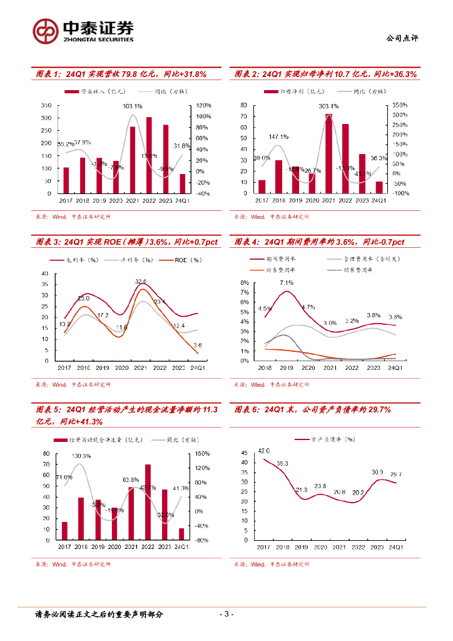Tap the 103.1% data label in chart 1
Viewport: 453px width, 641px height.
tap(133, 106)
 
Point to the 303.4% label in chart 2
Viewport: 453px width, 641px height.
tap(328, 106)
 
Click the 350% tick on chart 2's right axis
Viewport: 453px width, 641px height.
tap(400, 105)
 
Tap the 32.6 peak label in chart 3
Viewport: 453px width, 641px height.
tap(141, 282)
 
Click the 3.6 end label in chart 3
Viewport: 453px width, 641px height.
tap(198, 345)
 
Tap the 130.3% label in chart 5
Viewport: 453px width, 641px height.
tap(81, 456)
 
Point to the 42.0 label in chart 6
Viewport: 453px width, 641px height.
tap(264, 451)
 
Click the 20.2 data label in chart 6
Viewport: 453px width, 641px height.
tap(357, 493)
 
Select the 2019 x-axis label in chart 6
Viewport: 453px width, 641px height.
tap(301, 547)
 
